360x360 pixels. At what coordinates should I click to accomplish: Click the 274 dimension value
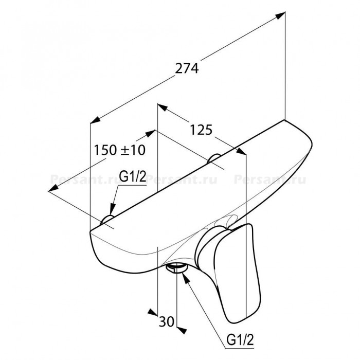coord(187,68)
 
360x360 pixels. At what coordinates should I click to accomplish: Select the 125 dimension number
coord(201,130)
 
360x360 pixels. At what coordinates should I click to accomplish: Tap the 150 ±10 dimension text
coord(120,150)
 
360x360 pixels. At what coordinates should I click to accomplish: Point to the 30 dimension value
coord(167,321)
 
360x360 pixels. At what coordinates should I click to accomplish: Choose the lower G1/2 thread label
coord(240,340)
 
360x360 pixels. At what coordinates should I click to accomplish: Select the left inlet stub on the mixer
coord(107,220)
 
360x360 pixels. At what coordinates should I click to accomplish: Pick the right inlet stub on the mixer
coord(214,158)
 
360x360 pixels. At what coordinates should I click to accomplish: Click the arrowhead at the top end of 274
coord(280,15)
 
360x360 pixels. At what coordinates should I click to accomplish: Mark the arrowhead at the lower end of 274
coord(95,120)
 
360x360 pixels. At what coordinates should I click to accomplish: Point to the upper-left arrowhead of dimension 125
coord(162,107)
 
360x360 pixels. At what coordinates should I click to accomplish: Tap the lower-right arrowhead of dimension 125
coord(241,152)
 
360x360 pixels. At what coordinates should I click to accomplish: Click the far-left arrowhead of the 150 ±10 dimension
coord(53,188)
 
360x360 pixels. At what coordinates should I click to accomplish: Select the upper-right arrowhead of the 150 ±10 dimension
coord(151,133)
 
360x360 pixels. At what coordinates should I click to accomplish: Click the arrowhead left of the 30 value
coord(153,312)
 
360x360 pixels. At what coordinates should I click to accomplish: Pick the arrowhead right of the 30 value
coord(182,331)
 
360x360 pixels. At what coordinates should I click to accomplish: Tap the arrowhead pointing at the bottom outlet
coord(186,276)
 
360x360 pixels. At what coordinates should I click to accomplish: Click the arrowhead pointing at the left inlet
coord(112,209)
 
